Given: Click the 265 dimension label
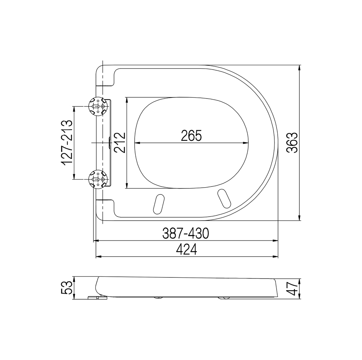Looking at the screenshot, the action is pos(191,135).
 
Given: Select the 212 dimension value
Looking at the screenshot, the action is pos(120,142).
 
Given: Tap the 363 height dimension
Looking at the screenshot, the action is pos(291,143).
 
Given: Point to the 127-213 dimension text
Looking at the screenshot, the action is pos(67,143).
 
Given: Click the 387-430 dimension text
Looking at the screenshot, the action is pos(186,233).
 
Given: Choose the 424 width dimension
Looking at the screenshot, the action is pos(186,250).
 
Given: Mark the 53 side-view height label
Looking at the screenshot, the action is pos(67,288).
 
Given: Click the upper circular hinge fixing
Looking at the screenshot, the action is pos(98,106).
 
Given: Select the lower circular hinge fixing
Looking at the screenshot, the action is pos(98,179).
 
